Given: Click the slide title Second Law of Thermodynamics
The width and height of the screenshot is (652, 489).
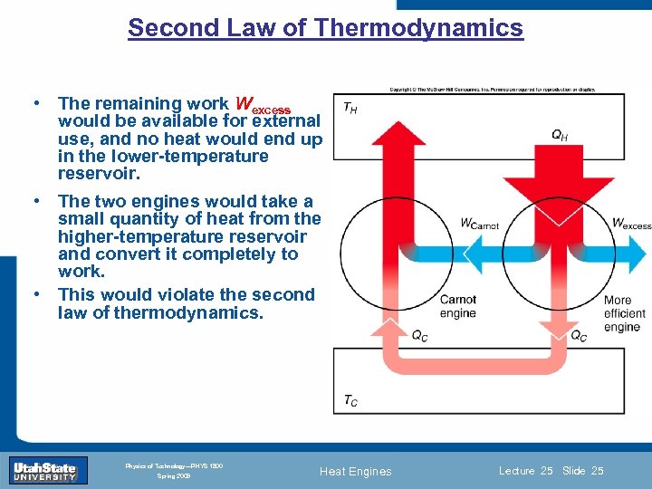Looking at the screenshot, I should [325, 28].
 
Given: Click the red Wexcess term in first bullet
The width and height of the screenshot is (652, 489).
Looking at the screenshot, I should [263, 105].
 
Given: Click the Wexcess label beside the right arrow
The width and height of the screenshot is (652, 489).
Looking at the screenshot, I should [631, 223].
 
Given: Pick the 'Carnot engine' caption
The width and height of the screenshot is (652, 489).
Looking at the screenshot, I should [457, 306].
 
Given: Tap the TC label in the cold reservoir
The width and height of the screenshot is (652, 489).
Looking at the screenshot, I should [350, 399].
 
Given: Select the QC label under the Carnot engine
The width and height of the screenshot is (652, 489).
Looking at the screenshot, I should [419, 336].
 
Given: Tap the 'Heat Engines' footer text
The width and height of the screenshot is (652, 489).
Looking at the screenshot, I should [356, 471].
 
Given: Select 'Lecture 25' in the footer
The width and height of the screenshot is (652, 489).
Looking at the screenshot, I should [525, 471].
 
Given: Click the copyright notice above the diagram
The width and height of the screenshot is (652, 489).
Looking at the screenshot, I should [493, 90].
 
